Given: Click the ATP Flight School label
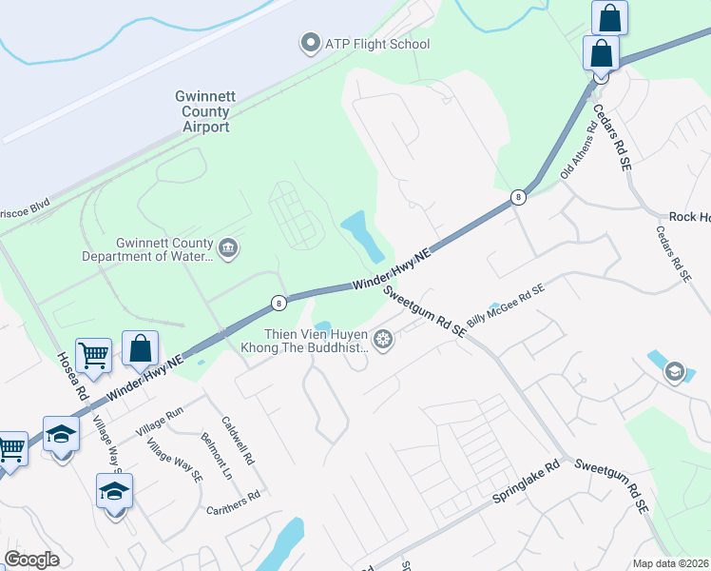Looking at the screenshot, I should click(x=377, y=44).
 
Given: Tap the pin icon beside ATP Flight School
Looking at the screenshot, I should click(x=309, y=43).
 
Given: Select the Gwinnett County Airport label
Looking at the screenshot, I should click(x=202, y=110).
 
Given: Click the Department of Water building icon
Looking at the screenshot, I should click(x=227, y=249).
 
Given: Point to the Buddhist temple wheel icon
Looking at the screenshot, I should click(x=383, y=340).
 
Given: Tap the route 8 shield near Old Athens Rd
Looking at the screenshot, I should click(x=518, y=197).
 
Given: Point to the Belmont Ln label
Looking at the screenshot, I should click(x=216, y=453).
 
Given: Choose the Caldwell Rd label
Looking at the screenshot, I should click(x=238, y=439).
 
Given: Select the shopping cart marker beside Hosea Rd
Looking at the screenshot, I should click(x=94, y=356).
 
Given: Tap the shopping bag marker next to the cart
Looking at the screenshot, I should click(x=141, y=349).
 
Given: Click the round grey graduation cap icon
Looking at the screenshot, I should click(x=674, y=370).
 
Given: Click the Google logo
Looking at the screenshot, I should click(x=31, y=560).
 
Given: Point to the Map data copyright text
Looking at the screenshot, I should click(x=671, y=563).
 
